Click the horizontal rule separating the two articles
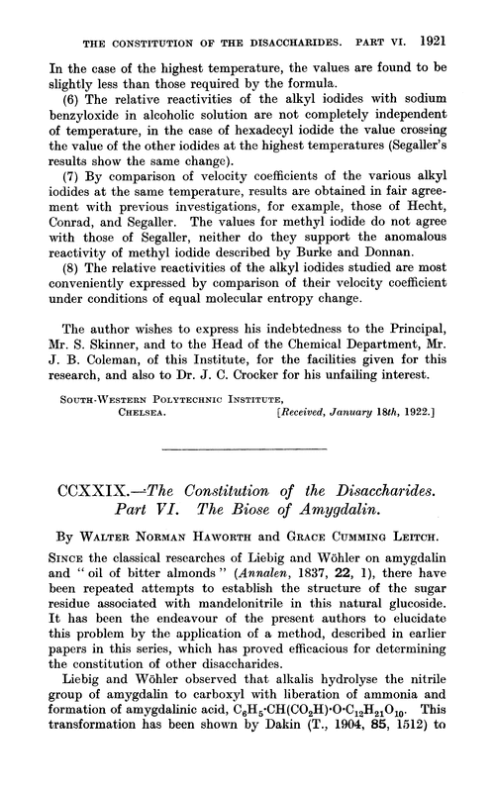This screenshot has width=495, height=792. pos(247,477)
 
